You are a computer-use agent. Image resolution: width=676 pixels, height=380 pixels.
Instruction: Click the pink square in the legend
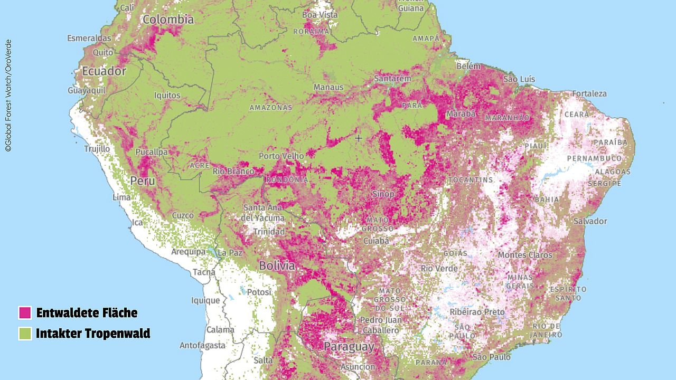pos(25,312)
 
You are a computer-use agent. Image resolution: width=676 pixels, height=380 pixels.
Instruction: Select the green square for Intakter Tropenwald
pos(25,334)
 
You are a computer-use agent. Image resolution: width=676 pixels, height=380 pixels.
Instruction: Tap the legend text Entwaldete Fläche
pos(87,312)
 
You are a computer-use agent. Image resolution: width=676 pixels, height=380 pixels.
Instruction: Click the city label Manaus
pos(328,87)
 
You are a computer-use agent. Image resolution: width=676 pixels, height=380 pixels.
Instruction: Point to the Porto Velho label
pos(281,156)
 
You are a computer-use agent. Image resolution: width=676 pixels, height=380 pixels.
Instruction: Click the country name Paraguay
pos(349,347)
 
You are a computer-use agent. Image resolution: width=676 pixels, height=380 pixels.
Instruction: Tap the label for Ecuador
pos(104,71)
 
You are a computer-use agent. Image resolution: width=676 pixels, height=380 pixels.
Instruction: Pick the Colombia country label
pos(168,20)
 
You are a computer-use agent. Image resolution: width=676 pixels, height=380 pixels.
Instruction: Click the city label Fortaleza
pos(589,93)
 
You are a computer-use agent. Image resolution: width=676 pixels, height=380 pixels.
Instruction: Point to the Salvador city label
pos(590,221)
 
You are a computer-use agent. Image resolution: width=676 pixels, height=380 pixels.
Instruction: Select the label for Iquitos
pos(167,96)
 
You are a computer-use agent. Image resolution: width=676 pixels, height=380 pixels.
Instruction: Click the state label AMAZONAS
pos(270,107)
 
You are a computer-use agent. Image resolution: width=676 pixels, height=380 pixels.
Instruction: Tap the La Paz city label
pos(230,253)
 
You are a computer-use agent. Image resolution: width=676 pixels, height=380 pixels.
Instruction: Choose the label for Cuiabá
pos(375,241)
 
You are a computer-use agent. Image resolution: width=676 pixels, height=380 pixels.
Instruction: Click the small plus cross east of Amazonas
pos(359,138)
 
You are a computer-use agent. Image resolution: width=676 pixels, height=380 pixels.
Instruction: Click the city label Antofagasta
pos(201,346)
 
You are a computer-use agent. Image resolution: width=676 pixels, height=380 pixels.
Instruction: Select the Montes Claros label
pos(525,255)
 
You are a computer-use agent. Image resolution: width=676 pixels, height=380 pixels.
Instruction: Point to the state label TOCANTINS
pos(471,180)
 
